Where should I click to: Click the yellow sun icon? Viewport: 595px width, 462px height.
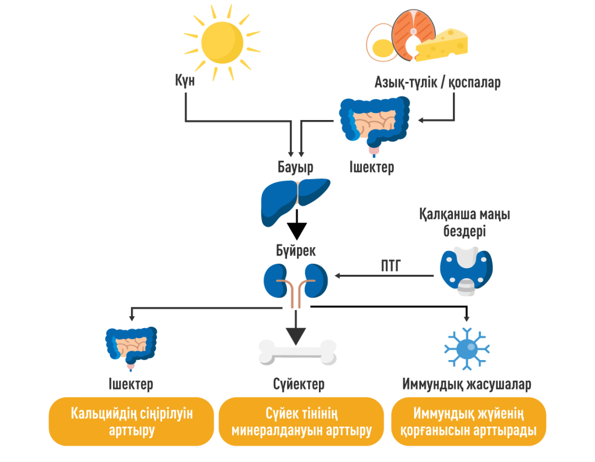click(221, 42)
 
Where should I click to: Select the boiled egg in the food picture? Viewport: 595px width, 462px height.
click(381, 44)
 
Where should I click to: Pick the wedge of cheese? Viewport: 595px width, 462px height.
click(442, 45)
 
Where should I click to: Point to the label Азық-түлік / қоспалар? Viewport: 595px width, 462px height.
click(437, 83)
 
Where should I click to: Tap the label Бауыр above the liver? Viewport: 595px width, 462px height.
click(296, 167)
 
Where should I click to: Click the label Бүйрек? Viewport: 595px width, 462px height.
click(296, 251)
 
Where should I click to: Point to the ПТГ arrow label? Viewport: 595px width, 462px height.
click(391, 268)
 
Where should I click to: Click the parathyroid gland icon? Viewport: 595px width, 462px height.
click(466, 270)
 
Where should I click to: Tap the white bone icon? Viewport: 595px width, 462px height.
click(297, 352)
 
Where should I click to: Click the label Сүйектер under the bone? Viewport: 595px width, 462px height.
click(299, 384)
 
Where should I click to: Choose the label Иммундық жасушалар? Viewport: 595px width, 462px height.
click(467, 384)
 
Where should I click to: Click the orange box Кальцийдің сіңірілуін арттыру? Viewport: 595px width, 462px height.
click(132, 421)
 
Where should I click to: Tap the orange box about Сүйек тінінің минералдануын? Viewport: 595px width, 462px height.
click(301, 421)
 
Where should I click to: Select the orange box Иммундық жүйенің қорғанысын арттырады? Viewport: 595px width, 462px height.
click(468, 421)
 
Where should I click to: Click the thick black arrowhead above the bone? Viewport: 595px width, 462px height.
click(296, 335)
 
